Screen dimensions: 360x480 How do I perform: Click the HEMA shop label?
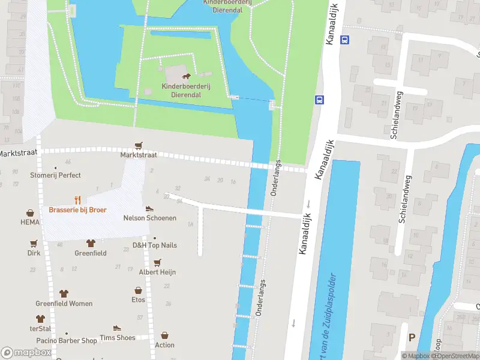tap(30, 222)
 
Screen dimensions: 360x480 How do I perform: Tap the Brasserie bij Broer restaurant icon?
tap(77, 200)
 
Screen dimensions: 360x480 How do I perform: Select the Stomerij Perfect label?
tap(55, 175)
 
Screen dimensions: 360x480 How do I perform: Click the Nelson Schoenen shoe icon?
tap(149, 208)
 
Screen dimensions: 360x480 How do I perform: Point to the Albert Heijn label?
tap(157, 272)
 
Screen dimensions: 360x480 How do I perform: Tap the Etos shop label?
tap(139, 299)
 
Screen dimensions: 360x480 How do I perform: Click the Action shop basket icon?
tap(164, 335)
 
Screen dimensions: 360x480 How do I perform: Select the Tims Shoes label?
tap(117, 337)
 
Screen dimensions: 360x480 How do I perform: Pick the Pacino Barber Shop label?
tap(66, 340)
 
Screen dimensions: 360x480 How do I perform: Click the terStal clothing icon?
tap(40, 319)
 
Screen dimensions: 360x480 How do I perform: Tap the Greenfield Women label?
tap(64, 304)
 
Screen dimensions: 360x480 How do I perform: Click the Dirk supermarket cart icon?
tap(34, 244)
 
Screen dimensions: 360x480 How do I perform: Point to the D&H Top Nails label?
tap(155, 245)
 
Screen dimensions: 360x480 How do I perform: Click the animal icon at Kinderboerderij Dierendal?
tap(186, 77)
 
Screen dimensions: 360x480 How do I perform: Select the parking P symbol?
tap(412, 337)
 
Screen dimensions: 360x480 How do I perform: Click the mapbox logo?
tap(25, 353)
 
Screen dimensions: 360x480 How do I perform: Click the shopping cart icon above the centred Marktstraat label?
tap(139, 145)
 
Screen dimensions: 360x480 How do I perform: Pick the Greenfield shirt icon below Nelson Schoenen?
tap(91, 243)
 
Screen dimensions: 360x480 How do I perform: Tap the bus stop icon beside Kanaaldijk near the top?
tap(344, 40)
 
